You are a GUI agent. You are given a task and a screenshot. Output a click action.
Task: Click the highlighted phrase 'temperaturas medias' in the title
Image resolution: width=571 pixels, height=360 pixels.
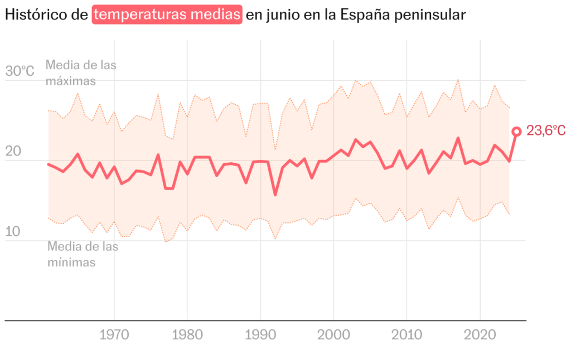click(x=167, y=15)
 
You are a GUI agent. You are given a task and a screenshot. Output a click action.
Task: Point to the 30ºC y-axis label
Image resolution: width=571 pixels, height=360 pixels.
click(x=20, y=71)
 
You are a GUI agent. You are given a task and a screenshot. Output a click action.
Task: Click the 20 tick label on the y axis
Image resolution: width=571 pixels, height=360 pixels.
click(x=13, y=152)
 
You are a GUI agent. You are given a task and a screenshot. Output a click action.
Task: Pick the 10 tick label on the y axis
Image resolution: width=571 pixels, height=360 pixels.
click(x=13, y=232)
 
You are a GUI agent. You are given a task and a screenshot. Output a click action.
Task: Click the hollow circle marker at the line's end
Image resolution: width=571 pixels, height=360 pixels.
click(x=516, y=132)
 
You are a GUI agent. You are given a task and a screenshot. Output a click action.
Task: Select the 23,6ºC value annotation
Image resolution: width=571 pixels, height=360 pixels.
click(x=546, y=132)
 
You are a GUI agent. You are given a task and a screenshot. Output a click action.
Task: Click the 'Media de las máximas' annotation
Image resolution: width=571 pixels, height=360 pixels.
click(x=81, y=72)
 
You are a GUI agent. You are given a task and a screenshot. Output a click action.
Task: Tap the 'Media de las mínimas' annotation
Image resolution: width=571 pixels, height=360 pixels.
click(x=83, y=254)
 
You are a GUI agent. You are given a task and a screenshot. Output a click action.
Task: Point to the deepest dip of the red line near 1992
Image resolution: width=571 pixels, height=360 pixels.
click(x=275, y=194)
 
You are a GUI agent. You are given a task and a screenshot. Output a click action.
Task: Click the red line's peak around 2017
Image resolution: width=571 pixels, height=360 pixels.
click(x=458, y=138)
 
